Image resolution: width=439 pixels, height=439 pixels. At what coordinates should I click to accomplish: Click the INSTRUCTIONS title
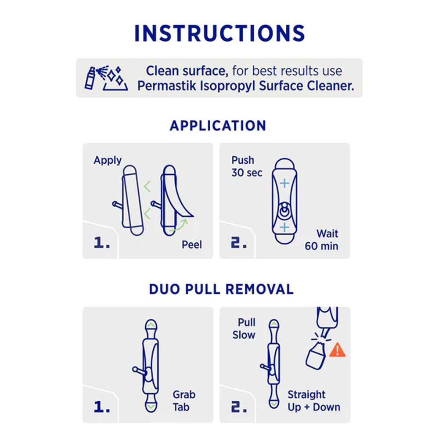point(219,33)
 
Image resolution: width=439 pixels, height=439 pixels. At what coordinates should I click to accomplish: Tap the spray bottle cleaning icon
point(106,78)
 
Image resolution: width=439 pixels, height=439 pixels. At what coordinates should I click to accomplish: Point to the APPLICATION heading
point(218,126)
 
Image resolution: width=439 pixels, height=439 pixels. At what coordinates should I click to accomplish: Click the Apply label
point(108,160)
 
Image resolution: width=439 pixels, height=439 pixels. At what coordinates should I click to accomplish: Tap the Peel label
point(192,245)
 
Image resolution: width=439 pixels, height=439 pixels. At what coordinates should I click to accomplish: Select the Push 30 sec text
point(247,166)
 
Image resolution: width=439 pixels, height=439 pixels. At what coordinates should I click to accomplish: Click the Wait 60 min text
point(321,240)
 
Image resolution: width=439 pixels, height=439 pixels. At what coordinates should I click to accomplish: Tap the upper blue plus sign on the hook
point(284,184)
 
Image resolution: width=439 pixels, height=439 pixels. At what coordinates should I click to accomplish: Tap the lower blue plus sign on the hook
point(284,227)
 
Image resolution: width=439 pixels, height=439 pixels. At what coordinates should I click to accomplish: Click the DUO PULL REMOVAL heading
point(221,289)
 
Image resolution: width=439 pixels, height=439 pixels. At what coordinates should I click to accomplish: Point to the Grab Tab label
point(184,401)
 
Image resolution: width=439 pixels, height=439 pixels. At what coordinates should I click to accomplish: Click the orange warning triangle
point(337,350)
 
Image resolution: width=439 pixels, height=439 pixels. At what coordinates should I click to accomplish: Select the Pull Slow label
point(244,329)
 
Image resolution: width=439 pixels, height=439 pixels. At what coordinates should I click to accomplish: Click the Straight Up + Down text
point(314,401)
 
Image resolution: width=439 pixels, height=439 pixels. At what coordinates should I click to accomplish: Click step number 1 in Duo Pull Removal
point(102,407)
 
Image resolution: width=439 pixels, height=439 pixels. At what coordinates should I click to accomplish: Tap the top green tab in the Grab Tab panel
point(151,325)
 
